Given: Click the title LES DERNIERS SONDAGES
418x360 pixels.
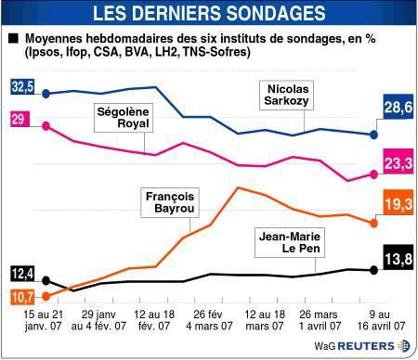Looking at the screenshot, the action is coord(209,13).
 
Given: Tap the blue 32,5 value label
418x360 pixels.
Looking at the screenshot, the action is coord(22,86).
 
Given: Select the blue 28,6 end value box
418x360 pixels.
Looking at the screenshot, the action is coord(398,107).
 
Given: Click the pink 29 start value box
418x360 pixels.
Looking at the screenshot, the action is coord(20,119).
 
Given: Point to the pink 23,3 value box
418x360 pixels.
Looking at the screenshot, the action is coord(398,161).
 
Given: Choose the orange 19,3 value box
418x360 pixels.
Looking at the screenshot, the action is coord(398,202).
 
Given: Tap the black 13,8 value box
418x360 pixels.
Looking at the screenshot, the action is coord(398,258).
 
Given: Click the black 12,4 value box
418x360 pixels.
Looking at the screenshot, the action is coord(22,274).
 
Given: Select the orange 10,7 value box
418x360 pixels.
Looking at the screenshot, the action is coord(22,297).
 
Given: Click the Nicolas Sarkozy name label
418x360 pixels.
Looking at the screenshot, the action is coord(286,95).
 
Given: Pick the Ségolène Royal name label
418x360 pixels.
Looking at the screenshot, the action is coord(124,118).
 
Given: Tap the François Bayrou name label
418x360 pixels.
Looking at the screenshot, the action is coord(170,202).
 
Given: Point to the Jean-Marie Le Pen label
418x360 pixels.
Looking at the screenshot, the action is coord(290,242).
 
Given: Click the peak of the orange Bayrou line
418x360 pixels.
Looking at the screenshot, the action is coord(238,187).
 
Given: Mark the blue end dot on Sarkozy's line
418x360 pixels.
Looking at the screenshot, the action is coord(374,135).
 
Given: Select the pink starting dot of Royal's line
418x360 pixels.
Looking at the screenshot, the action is coord(46,126).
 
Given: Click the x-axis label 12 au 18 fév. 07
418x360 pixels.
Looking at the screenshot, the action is coord(154,320).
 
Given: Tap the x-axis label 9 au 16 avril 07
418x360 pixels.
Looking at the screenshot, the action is coord(381,320).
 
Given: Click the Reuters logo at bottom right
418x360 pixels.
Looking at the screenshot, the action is coord(362,346).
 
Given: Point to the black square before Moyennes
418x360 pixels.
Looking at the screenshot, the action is coord(14,38).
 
